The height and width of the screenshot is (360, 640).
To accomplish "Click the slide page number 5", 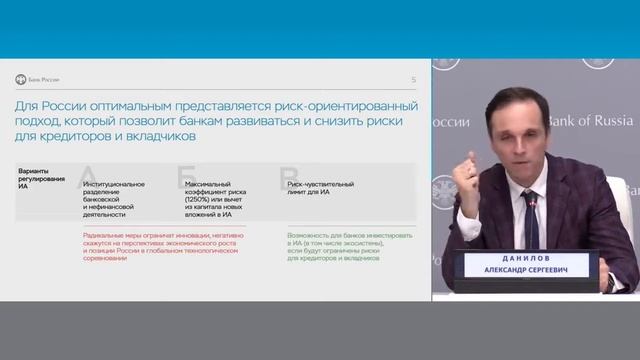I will coord(414,79).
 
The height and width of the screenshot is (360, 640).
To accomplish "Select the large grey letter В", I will coord(288,177).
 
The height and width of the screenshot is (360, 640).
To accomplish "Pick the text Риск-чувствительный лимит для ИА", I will coord(317,188).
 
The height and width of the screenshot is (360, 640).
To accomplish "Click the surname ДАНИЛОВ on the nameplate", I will coord(519,258).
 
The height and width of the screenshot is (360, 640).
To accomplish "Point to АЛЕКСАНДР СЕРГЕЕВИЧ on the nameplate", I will coord(519,269).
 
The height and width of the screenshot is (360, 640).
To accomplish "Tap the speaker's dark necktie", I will coord(530,225).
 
